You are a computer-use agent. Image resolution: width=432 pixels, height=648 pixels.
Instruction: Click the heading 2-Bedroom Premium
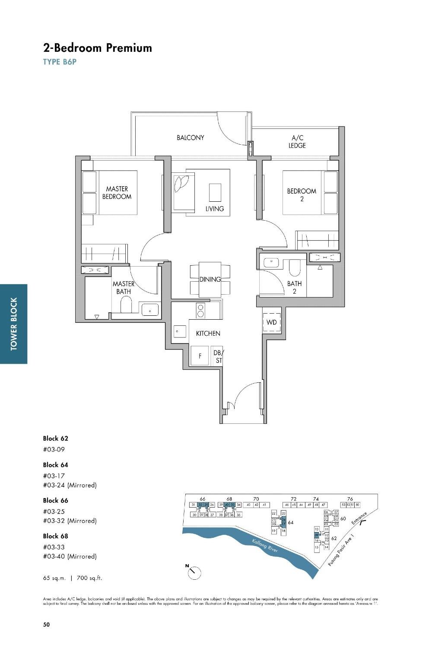click(x=97, y=48)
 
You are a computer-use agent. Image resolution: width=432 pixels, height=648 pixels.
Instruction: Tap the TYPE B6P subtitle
click(x=60, y=62)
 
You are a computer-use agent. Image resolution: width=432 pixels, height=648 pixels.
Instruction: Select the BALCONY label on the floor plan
click(x=190, y=138)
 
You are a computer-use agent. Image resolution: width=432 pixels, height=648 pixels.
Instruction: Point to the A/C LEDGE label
click(x=297, y=142)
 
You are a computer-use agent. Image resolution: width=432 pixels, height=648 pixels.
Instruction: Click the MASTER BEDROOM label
click(x=117, y=193)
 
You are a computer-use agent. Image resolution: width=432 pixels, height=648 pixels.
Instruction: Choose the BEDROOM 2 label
click(x=302, y=195)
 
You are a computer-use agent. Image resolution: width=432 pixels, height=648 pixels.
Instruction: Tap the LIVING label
click(x=215, y=209)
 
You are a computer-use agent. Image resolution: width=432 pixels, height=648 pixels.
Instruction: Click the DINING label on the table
click(x=210, y=280)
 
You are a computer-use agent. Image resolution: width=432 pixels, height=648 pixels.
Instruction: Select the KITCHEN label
click(x=208, y=334)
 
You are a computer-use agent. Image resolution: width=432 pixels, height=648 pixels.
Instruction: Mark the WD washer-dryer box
click(x=272, y=322)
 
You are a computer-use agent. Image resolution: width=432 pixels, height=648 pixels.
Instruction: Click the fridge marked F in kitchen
click(x=200, y=356)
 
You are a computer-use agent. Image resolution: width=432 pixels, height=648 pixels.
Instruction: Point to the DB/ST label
click(x=218, y=356)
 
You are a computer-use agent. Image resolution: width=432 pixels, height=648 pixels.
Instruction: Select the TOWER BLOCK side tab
click(x=14, y=324)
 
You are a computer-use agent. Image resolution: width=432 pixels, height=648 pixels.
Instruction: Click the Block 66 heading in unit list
click(x=55, y=501)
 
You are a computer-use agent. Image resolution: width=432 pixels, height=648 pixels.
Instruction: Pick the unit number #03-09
click(x=54, y=449)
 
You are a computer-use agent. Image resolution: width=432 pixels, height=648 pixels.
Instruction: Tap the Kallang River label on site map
click(x=264, y=546)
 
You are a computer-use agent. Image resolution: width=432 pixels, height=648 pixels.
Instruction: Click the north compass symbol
click(x=194, y=572)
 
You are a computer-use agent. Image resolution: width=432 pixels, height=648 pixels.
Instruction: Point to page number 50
click(x=47, y=624)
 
